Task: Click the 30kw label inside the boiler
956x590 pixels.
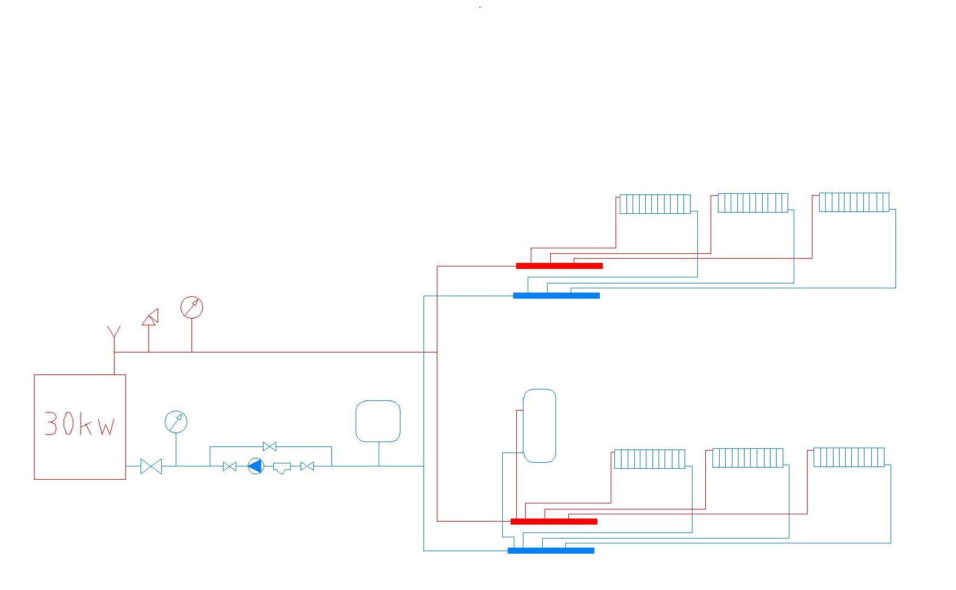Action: coord(79,424)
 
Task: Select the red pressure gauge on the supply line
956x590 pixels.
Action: coord(191,308)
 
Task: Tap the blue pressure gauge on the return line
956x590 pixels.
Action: coord(176,422)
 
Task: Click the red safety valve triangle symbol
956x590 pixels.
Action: coord(150,317)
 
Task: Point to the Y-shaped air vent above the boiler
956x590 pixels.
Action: coord(114,334)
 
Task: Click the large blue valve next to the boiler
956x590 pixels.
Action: coord(151,466)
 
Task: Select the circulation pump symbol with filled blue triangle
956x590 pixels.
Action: coord(256,466)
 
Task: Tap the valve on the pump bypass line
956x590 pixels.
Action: coord(270,447)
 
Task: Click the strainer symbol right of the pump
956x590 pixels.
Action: coord(282,467)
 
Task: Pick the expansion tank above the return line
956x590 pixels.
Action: coord(378,421)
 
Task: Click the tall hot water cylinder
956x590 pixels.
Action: coord(539,426)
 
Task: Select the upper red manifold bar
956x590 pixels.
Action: coord(559,266)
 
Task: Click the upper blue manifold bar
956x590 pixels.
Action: coord(556,296)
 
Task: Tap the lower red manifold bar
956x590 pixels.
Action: coord(554,522)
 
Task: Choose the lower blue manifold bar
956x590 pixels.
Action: coord(551,551)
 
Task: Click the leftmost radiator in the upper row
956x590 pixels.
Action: coord(655,204)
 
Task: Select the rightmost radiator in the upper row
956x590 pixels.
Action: coord(854,202)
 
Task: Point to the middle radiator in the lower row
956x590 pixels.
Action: coord(748,458)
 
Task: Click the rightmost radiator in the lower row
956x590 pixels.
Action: coord(849,457)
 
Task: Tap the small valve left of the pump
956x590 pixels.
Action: coord(230,466)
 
